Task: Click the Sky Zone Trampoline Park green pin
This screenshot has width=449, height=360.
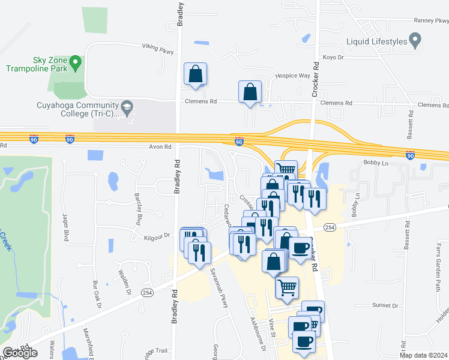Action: click(x=76, y=61)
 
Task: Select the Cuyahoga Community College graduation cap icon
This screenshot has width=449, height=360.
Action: click(x=127, y=109)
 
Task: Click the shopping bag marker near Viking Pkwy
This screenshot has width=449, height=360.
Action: click(x=195, y=74)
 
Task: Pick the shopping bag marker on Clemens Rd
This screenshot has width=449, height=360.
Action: click(x=250, y=92)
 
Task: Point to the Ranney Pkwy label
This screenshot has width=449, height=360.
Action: click(x=431, y=20)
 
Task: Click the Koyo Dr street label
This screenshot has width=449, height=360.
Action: click(x=332, y=58)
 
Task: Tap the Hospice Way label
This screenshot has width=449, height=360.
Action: click(x=292, y=76)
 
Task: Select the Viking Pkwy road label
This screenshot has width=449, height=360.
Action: click(x=157, y=48)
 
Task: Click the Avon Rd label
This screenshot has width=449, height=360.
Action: click(x=160, y=146)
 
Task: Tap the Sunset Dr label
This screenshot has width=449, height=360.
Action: click(x=385, y=305)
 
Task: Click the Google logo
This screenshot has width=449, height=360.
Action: click(x=20, y=353)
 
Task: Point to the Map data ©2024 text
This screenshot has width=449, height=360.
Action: click(x=423, y=355)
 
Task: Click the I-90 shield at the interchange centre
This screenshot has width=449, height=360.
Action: click(x=239, y=142)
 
